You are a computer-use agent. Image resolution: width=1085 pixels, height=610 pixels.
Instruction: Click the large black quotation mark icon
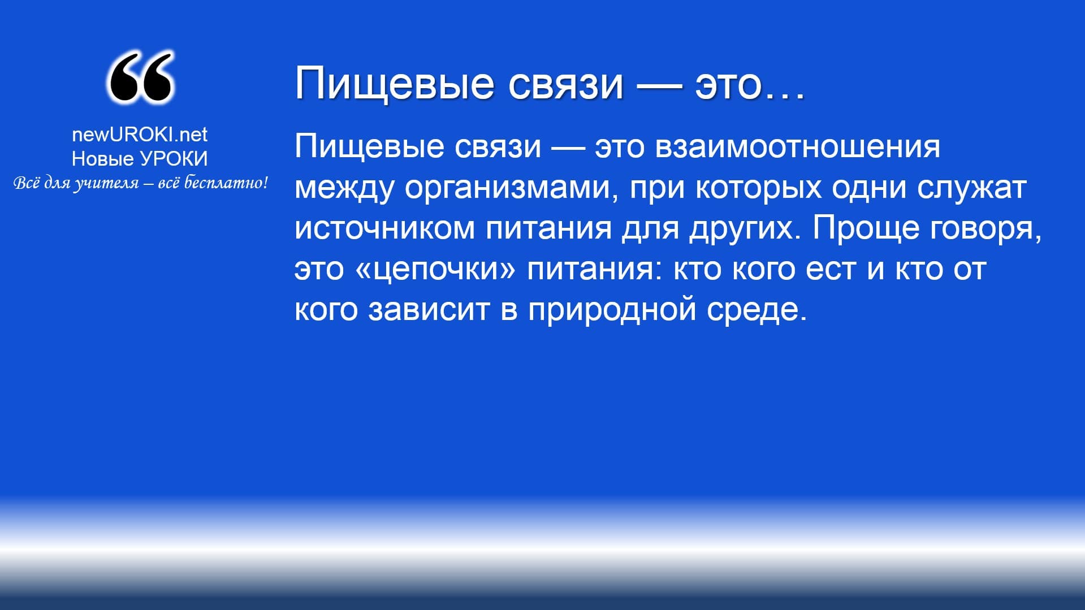pyautogui.click(x=140, y=77)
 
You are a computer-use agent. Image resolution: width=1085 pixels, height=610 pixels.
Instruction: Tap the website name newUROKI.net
pyautogui.click(x=140, y=135)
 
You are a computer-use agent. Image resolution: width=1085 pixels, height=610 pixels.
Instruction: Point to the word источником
pyautogui.click(x=384, y=228)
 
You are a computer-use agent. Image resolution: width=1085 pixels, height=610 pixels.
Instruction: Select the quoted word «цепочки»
pyautogui.click(x=436, y=269)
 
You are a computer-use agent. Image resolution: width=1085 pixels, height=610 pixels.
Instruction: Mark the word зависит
pyautogui.click(x=429, y=310)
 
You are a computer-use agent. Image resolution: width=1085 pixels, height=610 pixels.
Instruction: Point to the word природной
pyautogui.click(x=612, y=310)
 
